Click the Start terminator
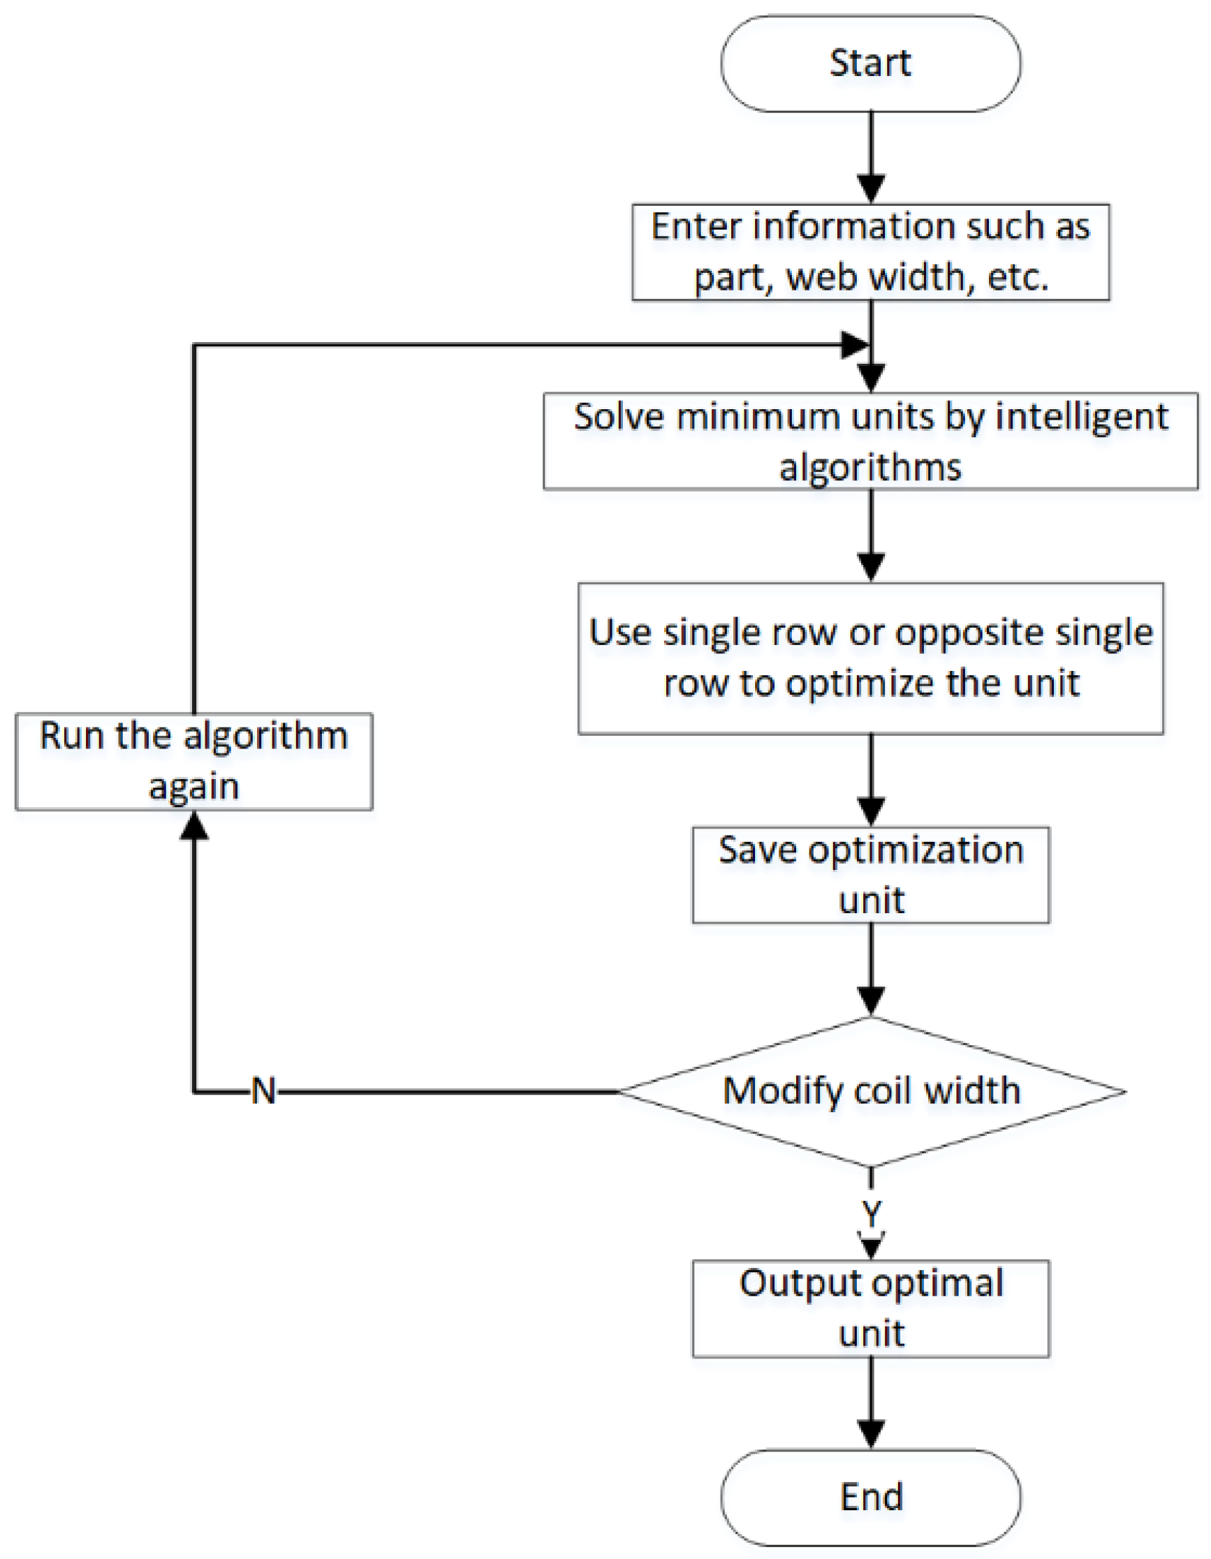click(869, 64)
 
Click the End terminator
click(869, 1496)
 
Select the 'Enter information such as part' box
click(869, 252)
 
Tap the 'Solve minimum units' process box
click(869, 441)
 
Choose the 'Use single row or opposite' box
click(869, 658)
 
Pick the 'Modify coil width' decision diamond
click(869, 1091)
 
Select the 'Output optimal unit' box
click(869, 1308)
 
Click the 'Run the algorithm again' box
click(193, 761)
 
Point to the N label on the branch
click(263, 1091)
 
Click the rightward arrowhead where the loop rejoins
click(855, 346)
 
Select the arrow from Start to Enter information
click(870, 157)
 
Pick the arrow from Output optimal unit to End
click(870, 1403)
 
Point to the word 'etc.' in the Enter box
click(1018, 277)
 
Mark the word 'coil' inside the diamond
click(883, 1091)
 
